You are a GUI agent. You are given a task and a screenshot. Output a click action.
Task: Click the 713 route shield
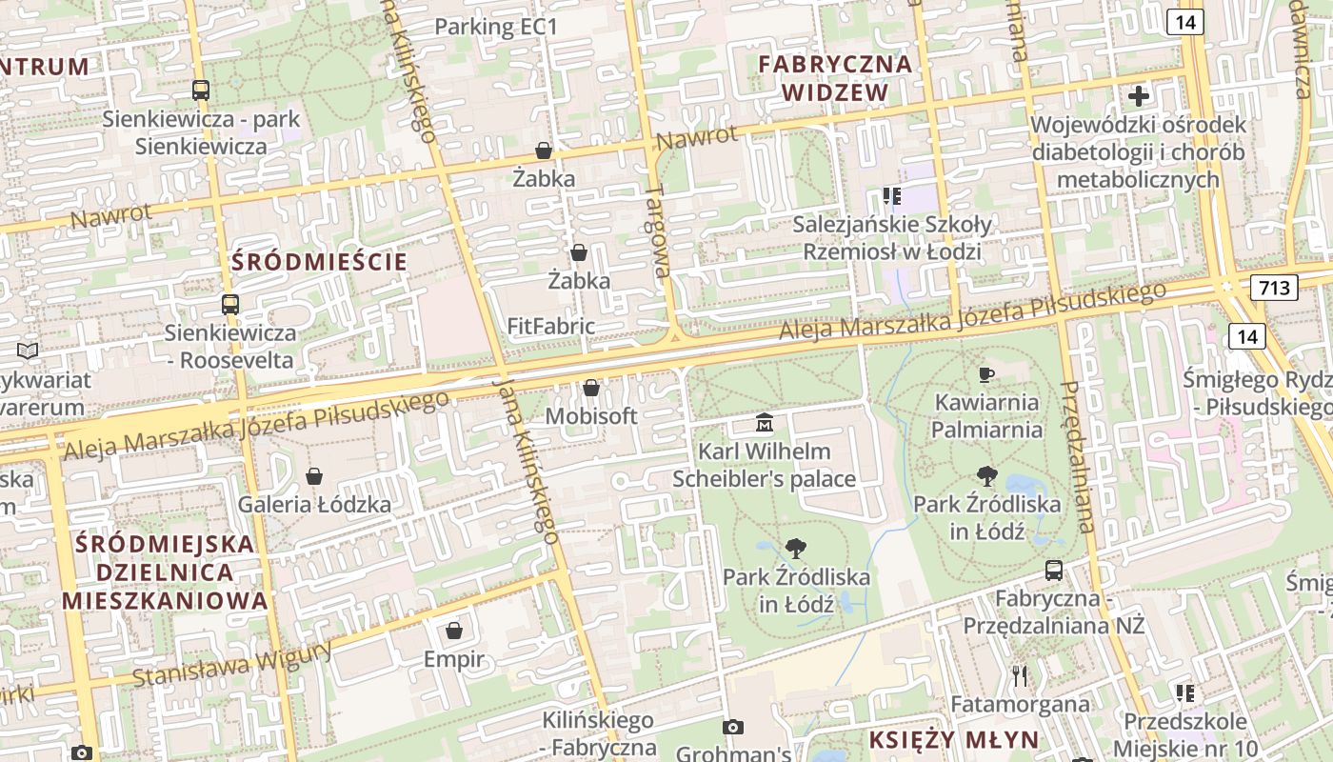tap(1275, 287)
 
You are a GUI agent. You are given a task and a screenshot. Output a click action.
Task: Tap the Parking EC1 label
tap(495, 27)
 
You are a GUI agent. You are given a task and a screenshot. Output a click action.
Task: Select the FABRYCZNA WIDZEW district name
tap(835, 78)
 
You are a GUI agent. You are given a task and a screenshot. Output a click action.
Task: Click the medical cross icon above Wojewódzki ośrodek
tap(1139, 95)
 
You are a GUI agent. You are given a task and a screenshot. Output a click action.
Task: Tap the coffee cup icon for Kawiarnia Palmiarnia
tap(986, 374)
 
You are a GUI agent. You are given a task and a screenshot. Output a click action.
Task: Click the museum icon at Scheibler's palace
tap(764, 422)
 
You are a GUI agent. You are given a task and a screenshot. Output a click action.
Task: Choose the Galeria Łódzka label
tap(314, 504)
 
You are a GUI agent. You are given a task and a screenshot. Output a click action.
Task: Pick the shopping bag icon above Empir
tap(454, 631)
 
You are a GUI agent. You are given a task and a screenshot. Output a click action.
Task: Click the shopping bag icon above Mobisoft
tap(591, 388)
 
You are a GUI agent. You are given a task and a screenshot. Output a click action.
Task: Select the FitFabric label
tap(551, 327)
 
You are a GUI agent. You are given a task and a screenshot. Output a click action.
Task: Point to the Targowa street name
tap(658, 231)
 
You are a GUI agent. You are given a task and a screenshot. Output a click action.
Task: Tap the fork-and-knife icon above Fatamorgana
tap(1020, 676)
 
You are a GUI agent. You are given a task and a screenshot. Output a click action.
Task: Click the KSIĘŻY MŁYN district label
tap(941, 740)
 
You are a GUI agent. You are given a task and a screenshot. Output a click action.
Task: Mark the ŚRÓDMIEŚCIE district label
tap(319, 262)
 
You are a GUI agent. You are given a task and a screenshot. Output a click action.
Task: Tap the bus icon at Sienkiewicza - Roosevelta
tap(230, 305)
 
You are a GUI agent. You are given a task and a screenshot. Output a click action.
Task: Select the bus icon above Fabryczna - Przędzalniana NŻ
tap(1054, 571)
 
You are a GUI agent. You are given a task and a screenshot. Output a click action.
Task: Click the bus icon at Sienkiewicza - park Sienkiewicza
tap(201, 90)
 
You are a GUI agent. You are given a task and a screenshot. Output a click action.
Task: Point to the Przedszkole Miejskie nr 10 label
tap(1185, 734)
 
